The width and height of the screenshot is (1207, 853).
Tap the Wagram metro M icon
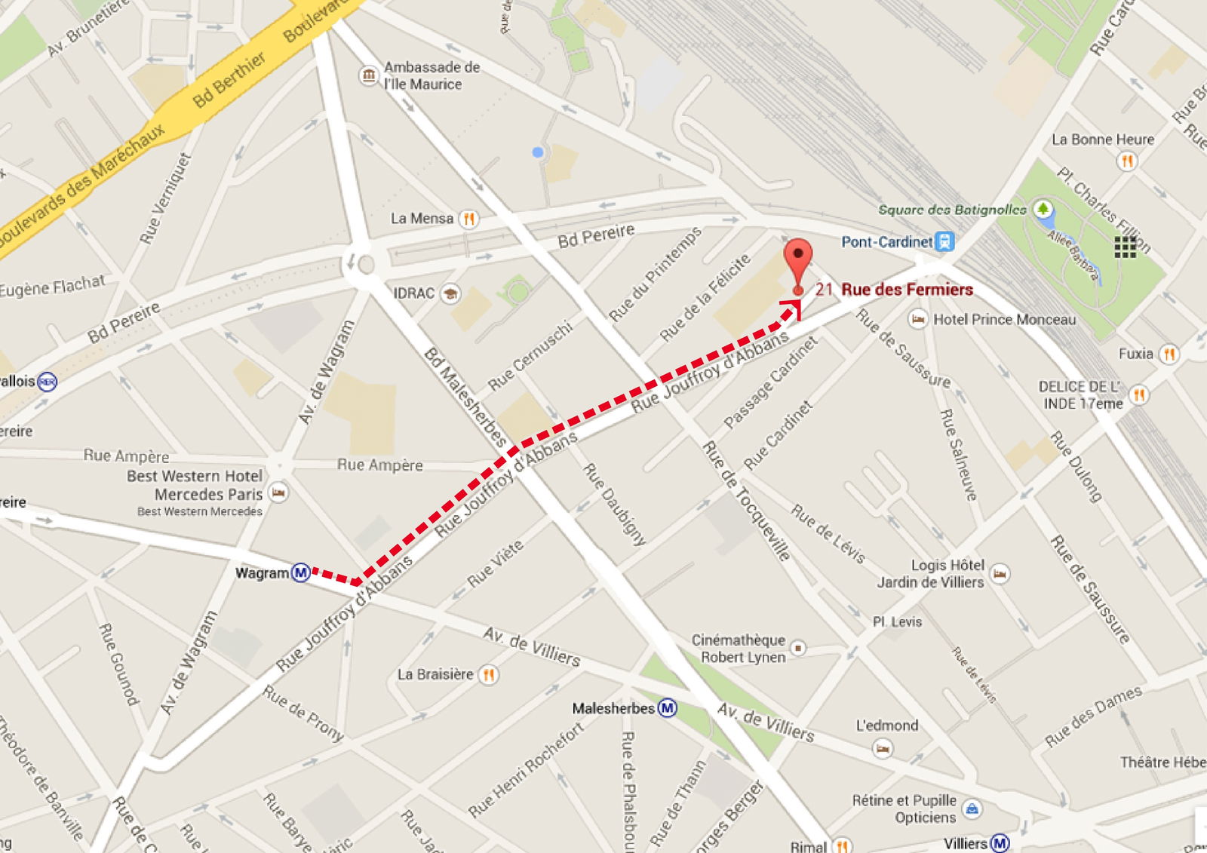(301, 572)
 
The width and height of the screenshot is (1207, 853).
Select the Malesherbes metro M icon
(667, 708)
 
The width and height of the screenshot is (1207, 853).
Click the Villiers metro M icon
(1000, 842)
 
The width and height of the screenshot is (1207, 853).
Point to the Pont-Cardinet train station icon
(944, 241)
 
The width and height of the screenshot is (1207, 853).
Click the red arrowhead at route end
(792, 307)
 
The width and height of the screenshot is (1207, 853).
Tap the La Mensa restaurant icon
(468, 219)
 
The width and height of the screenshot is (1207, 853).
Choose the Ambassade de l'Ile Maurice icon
(368, 75)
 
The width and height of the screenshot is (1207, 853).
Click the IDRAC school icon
(451, 293)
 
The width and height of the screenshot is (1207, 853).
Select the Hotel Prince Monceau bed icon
(917, 319)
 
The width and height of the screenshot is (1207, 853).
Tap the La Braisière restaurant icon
(489, 674)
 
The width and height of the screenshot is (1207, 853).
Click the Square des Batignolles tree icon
(1043, 208)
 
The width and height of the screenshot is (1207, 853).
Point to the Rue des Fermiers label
(907, 290)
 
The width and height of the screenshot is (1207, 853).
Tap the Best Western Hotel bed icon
(278, 493)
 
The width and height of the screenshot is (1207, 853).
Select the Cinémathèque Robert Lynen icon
(798, 648)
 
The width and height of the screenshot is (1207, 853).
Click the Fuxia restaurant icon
(1169, 354)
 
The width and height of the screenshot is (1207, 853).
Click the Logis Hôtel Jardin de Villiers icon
(1000, 573)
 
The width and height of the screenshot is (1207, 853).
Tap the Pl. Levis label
(897, 622)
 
